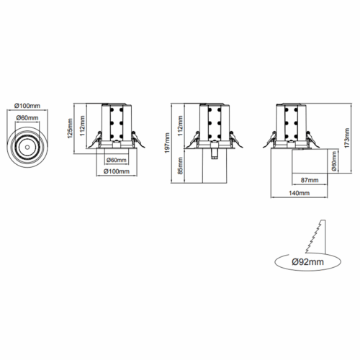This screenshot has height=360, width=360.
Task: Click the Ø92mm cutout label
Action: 308,262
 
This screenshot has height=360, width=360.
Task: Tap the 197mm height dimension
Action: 167,143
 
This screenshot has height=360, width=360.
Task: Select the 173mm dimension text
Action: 347,138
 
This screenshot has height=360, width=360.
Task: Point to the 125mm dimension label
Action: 70,128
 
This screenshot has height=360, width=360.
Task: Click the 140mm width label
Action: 299,193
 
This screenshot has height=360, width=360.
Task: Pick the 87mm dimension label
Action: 310,180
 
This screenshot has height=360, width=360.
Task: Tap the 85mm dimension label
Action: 180,166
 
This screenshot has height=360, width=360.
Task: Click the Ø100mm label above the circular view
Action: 27,106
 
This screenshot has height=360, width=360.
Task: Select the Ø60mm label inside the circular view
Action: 27,117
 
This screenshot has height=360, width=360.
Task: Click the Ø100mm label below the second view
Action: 117,171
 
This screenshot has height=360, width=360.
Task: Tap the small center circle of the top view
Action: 27,147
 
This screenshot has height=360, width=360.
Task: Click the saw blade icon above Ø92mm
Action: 315,236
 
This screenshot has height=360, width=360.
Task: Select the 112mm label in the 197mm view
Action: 180,125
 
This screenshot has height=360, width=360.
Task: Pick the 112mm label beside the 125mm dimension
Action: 82,125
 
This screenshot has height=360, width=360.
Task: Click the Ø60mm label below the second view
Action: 117,160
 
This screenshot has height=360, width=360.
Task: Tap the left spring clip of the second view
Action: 94,140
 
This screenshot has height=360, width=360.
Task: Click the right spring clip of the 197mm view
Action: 235,140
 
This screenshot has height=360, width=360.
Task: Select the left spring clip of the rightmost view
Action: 270,140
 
